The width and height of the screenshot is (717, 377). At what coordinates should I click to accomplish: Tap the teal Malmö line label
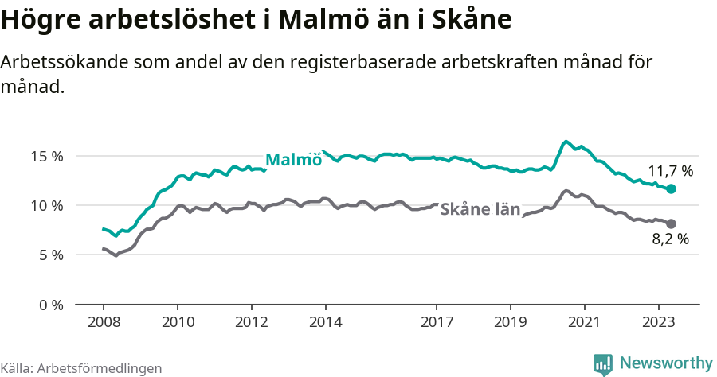click(293, 159)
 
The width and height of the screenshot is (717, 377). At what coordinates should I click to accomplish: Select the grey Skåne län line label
click(480, 209)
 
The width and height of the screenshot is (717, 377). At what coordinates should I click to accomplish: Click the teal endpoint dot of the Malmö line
click(671, 188)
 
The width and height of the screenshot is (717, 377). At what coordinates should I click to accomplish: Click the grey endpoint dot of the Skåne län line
click(671, 223)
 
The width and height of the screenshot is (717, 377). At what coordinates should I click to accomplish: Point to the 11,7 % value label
click(670, 171)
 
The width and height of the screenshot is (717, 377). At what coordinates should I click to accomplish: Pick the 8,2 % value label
click(670, 239)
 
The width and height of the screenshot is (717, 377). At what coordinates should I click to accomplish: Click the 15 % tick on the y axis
click(25, 156)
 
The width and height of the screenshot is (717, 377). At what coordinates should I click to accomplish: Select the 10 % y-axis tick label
click(25, 205)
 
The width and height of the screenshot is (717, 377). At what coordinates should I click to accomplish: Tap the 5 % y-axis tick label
click(29, 255)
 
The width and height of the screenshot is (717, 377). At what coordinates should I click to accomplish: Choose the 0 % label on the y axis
click(29, 305)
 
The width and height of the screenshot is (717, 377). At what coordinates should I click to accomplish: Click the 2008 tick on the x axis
click(104, 322)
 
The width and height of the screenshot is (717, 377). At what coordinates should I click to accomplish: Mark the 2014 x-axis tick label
click(326, 322)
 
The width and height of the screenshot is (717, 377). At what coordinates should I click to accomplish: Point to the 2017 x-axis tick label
click(437, 322)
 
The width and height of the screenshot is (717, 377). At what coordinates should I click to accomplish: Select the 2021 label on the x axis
click(585, 322)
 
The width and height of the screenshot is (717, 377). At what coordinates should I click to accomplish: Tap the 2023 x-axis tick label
click(659, 322)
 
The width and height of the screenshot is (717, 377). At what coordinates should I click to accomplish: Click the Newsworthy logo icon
click(603, 364)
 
